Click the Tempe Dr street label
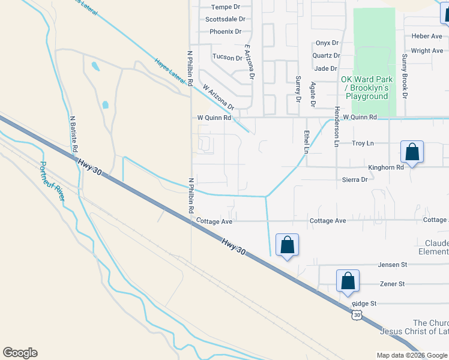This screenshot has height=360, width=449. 225,7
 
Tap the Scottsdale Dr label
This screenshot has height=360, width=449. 223,19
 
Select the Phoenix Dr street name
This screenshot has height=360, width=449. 225,31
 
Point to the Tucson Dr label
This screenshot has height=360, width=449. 227,58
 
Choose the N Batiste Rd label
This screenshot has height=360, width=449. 74,134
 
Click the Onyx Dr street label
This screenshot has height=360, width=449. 327,43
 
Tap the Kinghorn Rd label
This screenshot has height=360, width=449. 386,167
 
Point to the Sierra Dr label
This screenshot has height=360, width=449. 355,179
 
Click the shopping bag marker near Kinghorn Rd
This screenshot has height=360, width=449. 412,152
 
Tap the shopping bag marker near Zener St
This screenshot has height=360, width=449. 348,281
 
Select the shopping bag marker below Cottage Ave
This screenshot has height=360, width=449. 287,245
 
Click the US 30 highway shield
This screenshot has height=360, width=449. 357,314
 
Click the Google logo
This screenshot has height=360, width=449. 20,353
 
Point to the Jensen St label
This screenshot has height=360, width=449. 393,265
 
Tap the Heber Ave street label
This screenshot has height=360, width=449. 427,36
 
